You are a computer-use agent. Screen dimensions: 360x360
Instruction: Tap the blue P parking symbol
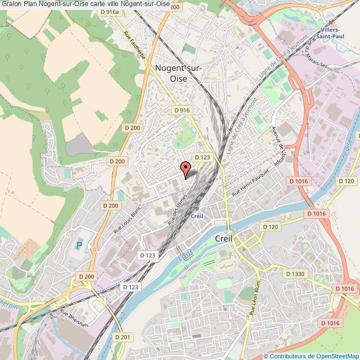pos(79,244)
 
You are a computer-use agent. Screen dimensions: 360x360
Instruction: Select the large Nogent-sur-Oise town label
pos(178,73)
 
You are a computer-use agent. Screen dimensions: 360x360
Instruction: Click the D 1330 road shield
pos(295,274)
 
